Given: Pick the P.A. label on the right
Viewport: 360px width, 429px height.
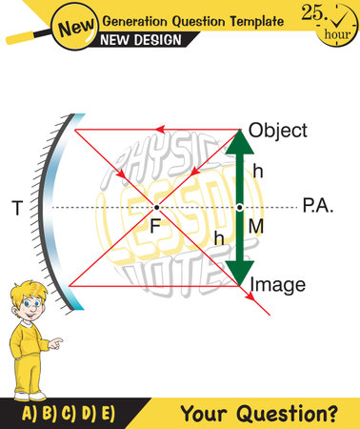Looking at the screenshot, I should pos(317,205).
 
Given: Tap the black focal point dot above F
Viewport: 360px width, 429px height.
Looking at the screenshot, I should pos(156,207).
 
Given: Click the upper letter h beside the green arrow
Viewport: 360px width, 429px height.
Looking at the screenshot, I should pos(257,172).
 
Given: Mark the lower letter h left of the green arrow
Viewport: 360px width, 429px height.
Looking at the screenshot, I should pos(220,239).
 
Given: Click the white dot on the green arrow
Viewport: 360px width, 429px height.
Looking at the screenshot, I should pos(240,206).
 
